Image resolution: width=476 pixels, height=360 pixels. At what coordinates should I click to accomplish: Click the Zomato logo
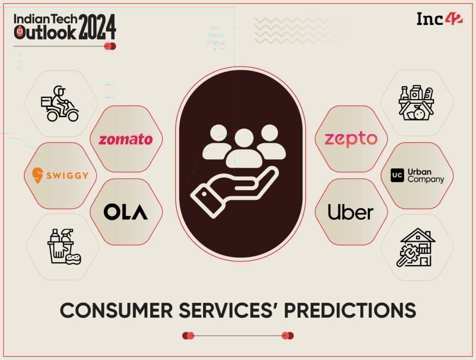(x=126, y=140)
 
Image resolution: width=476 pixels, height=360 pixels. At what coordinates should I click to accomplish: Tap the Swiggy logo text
(x=67, y=175)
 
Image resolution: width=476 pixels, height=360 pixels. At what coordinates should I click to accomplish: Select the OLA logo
(x=126, y=212)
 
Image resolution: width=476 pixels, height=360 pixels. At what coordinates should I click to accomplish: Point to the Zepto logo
(x=351, y=140)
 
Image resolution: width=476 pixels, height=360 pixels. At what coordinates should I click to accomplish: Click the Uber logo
(x=350, y=212)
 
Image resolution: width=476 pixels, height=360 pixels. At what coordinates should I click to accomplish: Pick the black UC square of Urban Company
(x=397, y=175)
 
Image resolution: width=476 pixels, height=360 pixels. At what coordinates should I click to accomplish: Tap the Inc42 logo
(x=439, y=19)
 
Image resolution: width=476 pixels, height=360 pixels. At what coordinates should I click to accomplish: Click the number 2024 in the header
(x=98, y=27)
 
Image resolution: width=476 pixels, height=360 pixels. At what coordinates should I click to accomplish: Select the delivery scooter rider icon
(x=60, y=104)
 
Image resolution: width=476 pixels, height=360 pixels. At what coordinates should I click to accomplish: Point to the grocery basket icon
(x=416, y=103)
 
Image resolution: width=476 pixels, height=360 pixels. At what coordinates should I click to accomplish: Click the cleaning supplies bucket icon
(x=64, y=247)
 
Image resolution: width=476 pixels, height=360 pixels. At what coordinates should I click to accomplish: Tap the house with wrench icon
(x=416, y=247)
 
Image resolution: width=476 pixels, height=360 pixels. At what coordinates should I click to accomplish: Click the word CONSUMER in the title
(x=116, y=311)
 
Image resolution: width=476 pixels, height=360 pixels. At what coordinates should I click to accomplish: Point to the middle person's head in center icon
(x=244, y=138)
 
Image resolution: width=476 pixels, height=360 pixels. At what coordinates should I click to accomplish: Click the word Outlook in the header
(x=45, y=32)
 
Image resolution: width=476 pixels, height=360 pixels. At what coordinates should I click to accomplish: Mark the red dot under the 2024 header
(x=110, y=47)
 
